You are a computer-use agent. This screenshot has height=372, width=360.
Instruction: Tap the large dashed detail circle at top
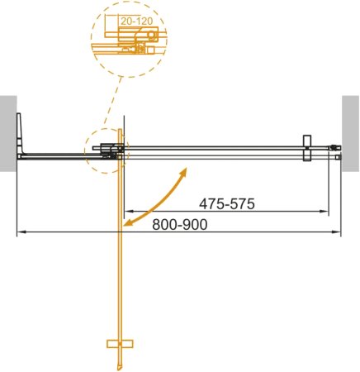click(129, 37)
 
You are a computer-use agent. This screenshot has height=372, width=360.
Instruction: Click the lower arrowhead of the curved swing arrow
click(127, 222)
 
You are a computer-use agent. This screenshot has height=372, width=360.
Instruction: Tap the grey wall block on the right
click(351, 132)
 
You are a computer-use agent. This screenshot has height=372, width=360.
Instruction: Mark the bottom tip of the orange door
click(121, 369)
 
